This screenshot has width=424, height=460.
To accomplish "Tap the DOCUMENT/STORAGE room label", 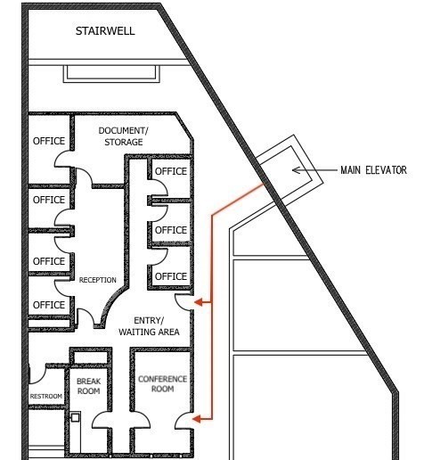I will [x=123, y=136].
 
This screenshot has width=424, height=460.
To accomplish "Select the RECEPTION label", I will [x=97, y=280].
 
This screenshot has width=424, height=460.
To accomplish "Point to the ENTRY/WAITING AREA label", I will [x=150, y=326].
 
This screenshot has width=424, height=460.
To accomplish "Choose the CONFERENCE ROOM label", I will [x=162, y=385].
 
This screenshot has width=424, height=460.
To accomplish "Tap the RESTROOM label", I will [x=46, y=396].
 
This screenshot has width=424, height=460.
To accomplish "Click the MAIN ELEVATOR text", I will [x=372, y=170].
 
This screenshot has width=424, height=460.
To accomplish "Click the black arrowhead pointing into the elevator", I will [x=296, y=170].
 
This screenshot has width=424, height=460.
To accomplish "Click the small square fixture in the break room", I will [x=76, y=416].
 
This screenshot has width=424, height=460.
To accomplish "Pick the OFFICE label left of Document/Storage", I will [x=49, y=142].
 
